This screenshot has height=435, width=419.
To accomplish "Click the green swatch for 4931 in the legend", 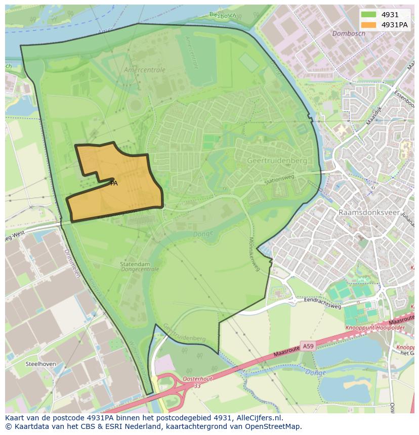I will pyautogui.click(x=368, y=15).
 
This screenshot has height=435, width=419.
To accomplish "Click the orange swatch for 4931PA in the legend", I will pyautogui.click(x=368, y=25).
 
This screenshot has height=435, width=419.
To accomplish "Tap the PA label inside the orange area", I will pyautogui.click(x=114, y=183).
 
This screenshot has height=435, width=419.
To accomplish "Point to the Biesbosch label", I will pyautogui.click(x=223, y=14).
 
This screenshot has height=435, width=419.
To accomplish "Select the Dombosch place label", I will pyautogui.click(x=349, y=34).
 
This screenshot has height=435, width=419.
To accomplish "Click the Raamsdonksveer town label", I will pyautogui.click(x=369, y=213).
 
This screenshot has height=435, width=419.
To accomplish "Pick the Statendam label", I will pyautogui.click(x=135, y=264).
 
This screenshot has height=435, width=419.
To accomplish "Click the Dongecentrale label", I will pyautogui.click(x=140, y=270).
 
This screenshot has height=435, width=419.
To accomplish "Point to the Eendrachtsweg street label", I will pyautogui.click(x=323, y=304).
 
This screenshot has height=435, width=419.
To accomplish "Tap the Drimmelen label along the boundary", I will pyautogui.click(x=69, y=263).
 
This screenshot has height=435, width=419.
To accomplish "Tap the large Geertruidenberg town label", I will pyautogui.click(x=277, y=160).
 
